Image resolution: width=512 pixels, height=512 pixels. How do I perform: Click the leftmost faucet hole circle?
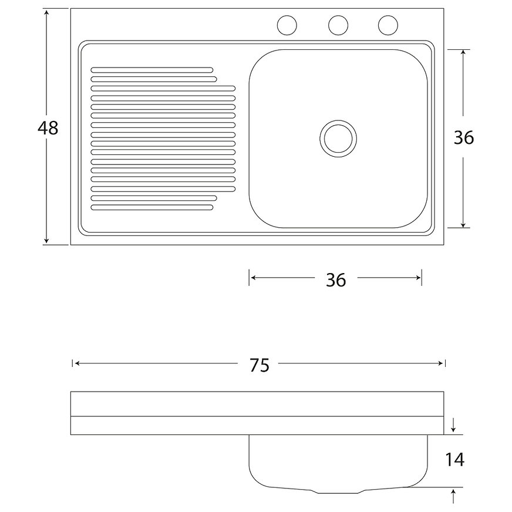point(287,25)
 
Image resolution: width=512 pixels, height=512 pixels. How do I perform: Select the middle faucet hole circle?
point(338,25)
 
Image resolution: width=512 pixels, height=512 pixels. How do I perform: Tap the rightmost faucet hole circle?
point(388,25)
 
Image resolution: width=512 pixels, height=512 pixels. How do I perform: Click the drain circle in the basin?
point(338,138)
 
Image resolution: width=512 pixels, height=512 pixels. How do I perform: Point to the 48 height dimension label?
point(48,127)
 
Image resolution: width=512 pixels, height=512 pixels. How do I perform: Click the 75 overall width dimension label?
point(259,365)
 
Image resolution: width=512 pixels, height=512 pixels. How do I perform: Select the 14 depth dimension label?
point(454,460)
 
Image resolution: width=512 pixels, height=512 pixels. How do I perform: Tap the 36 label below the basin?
point(336,280)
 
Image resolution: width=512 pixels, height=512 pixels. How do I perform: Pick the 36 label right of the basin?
point(464,137)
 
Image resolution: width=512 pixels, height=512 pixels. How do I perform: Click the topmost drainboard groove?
point(151,70)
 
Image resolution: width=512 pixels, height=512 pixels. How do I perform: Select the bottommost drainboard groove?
point(151,207)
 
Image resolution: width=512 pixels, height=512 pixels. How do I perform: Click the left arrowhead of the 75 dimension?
point(77,364)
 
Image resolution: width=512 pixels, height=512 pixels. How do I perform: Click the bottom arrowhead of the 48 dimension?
point(48,241)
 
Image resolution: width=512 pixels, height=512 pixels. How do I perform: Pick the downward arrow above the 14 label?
point(453,428)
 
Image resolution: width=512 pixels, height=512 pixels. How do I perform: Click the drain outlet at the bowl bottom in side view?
point(338,490)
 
